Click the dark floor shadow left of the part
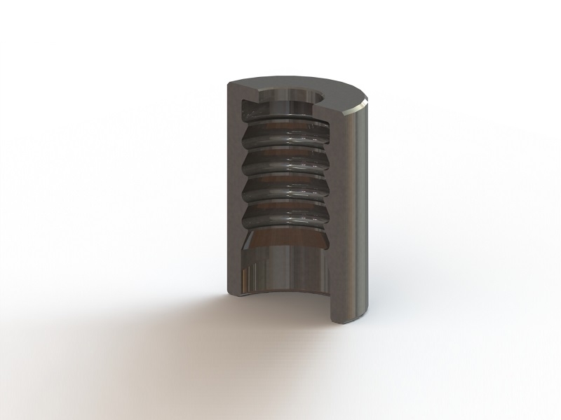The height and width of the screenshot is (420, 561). point(175,315)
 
